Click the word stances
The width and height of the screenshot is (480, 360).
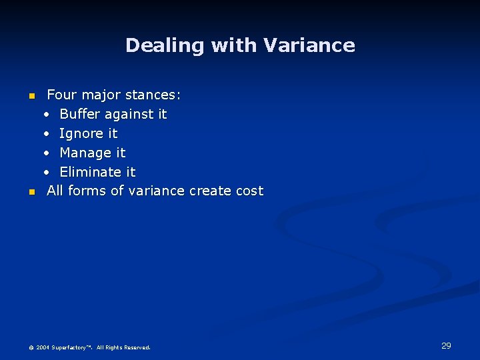(x=153, y=95)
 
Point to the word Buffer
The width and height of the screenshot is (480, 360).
(x=79, y=114)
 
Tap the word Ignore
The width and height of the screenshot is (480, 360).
(x=81, y=133)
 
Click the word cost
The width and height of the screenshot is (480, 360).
(x=250, y=191)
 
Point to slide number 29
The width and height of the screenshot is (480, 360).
(x=446, y=345)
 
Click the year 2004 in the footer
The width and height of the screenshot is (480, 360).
(x=43, y=347)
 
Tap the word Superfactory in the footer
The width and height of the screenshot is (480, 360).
(x=72, y=347)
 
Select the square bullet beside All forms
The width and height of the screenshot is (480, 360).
(x=31, y=193)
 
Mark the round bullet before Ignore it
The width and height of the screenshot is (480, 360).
(x=47, y=133)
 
